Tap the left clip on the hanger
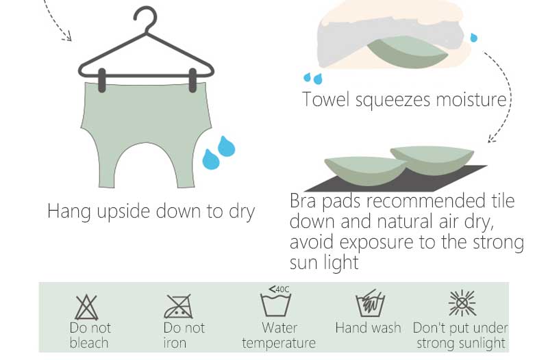pos(101,80)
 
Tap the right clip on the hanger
pos(192,80)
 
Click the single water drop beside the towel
pos(473,38)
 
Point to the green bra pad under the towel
pos(408,53)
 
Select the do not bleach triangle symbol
pos(86,307)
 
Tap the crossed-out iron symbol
pos(179,306)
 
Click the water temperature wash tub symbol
pos(276,305)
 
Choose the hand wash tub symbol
pos(370,303)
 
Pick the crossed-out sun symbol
pos(462,303)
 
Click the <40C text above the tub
pos(279,289)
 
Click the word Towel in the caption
pos(326,99)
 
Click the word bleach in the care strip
pos(89,342)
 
